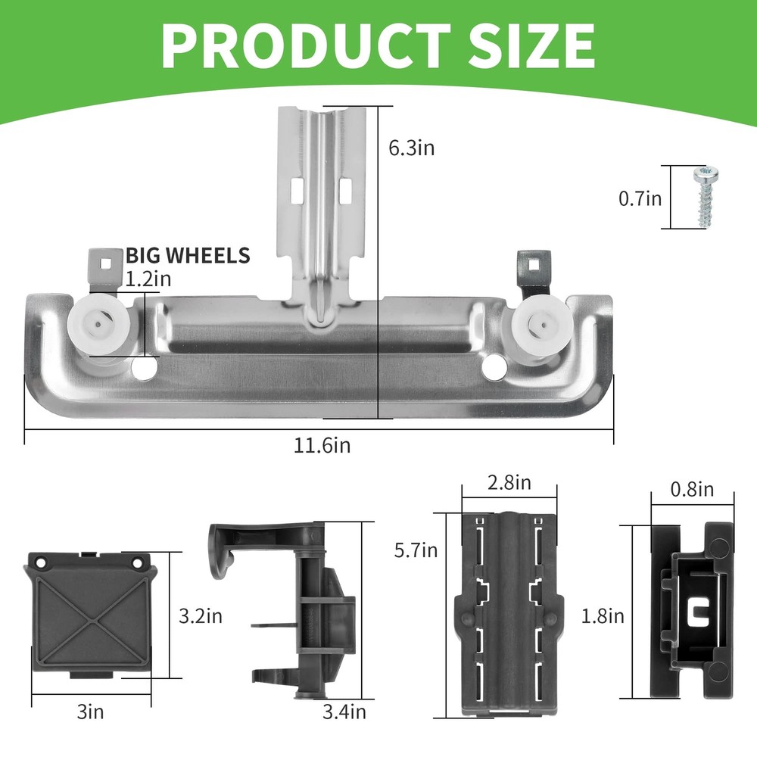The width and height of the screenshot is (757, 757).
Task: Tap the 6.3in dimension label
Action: [411, 148]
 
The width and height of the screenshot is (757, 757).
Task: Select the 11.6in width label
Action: [322, 445]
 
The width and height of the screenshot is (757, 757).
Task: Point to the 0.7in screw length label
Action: [640, 198]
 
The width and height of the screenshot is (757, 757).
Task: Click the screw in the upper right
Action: [706, 197]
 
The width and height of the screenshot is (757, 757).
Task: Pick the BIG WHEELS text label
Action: [188, 255]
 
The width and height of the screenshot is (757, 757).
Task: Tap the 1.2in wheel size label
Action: [148, 279]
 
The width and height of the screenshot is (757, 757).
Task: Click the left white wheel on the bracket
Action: [98, 325]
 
